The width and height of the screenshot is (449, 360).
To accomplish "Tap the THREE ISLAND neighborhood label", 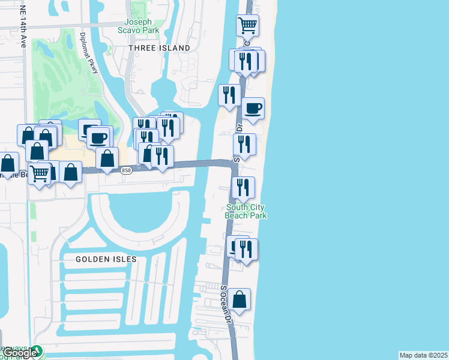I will pyautogui.click(x=160, y=48).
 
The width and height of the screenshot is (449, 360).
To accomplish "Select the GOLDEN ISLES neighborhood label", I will pyautogui.click(x=106, y=259).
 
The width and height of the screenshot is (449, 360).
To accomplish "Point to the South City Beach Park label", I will pyautogui.click(x=246, y=211).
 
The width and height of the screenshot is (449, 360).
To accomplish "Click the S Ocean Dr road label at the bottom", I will pyautogui.click(x=225, y=306).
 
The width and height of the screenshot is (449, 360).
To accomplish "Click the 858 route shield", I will pyautogui.click(x=125, y=170).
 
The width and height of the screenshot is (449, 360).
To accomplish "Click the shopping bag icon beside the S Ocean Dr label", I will pyautogui.click(x=239, y=299).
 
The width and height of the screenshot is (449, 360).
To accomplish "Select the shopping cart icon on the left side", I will pyautogui.click(x=40, y=174).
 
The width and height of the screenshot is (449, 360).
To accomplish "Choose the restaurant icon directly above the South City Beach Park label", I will pyautogui.click(x=243, y=188).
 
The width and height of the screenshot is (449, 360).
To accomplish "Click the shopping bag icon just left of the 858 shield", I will pyautogui.click(x=107, y=159).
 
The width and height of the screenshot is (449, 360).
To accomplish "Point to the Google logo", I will pyautogui.click(x=20, y=353).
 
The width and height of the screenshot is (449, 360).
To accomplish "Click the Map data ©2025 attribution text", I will pyautogui.click(x=423, y=355).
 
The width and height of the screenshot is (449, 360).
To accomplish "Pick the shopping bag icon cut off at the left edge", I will pyautogui.click(x=8, y=163).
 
